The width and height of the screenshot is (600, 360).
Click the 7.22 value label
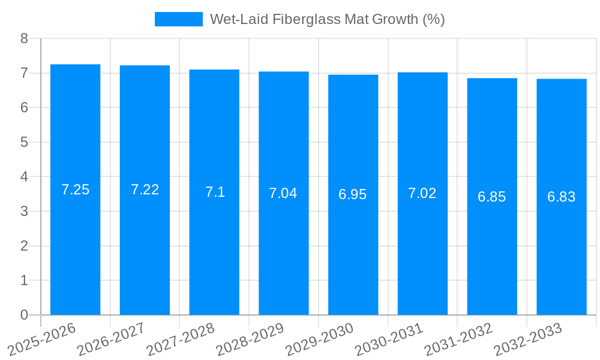(x=145, y=190)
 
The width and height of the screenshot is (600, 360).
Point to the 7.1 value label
(x=215, y=192)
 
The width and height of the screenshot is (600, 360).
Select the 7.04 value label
(x=283, y=193)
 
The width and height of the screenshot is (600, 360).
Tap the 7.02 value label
(x=422, y=193)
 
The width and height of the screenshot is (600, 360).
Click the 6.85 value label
(x=492, y=197)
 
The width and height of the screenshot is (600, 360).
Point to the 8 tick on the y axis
(x=24, y=38)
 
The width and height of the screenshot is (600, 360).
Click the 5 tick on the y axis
(x=24, y=142)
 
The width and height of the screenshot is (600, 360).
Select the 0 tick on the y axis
(x=24, y=315)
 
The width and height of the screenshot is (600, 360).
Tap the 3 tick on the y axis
(x=24, y=211)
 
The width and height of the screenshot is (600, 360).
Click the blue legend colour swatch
(x=178, y=19)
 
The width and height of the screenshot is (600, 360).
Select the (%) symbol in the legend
(x=433, y=19)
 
